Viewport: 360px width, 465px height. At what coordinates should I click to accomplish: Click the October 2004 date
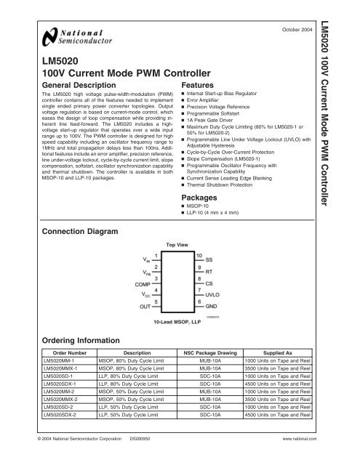coord(299,30)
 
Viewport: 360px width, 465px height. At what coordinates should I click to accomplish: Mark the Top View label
coord(178,246)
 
